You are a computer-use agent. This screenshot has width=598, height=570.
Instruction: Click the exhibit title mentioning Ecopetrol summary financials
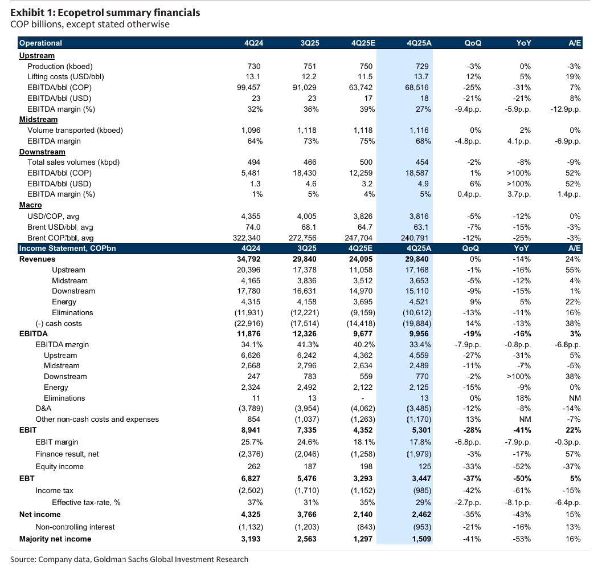pos(105,13)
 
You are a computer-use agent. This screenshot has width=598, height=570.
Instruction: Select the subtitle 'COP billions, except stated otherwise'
pos(90,24)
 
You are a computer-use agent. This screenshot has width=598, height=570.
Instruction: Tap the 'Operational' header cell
pos(40,43)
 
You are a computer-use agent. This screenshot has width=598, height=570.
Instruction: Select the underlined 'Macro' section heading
pos(30,205)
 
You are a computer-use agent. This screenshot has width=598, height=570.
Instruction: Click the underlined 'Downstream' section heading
pos(42,152)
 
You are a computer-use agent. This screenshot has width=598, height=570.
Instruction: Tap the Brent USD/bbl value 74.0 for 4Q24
pos(253,227)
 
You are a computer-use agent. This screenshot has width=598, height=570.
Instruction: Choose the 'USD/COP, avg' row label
pos(54,216)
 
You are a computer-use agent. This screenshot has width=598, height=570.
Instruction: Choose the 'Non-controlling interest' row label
pos(75,527)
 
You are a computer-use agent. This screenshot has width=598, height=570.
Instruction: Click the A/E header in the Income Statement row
pos(574,249)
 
